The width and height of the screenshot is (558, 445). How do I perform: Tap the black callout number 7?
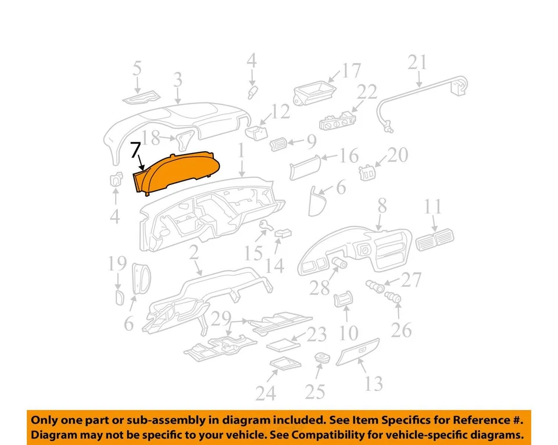[x=135, y=151]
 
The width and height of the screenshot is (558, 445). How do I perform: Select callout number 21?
[x=417, y=62]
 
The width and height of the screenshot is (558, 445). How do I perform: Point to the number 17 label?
[x=350, y=71]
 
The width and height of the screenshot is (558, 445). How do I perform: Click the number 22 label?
[x=367, y=91]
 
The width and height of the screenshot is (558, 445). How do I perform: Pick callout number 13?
[x=374, y=383]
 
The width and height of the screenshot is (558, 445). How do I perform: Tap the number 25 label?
[x=314, y=391]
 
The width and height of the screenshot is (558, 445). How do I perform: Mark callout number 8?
[x=382, y=206]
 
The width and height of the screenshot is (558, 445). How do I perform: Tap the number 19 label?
[x=117, y=265]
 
